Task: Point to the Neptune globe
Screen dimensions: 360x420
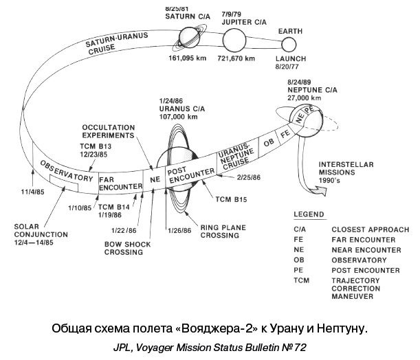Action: tap(305, 120)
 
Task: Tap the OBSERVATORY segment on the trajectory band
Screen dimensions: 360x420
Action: tap(66, 171)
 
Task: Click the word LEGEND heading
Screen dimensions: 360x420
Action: tap(309, 216)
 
